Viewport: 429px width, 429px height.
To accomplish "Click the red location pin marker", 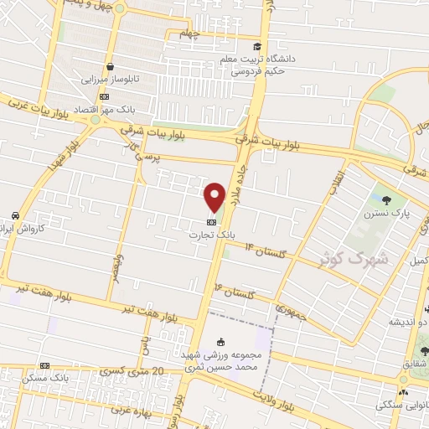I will [x=214, y=196].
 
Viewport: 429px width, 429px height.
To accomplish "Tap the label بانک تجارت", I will [x=212, y=235].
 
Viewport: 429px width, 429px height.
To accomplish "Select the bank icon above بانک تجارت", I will [x=212, y=222].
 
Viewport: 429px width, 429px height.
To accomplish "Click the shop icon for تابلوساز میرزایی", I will [x=109, y=66].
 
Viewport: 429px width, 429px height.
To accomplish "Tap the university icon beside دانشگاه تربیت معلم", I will [x=257, y=45].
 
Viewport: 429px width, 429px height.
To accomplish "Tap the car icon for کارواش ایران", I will [x=15, y=215].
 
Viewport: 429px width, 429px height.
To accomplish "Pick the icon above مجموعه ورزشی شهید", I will [x=220, y=341].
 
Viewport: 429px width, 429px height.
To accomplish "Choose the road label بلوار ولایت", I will [x=277, y=399].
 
